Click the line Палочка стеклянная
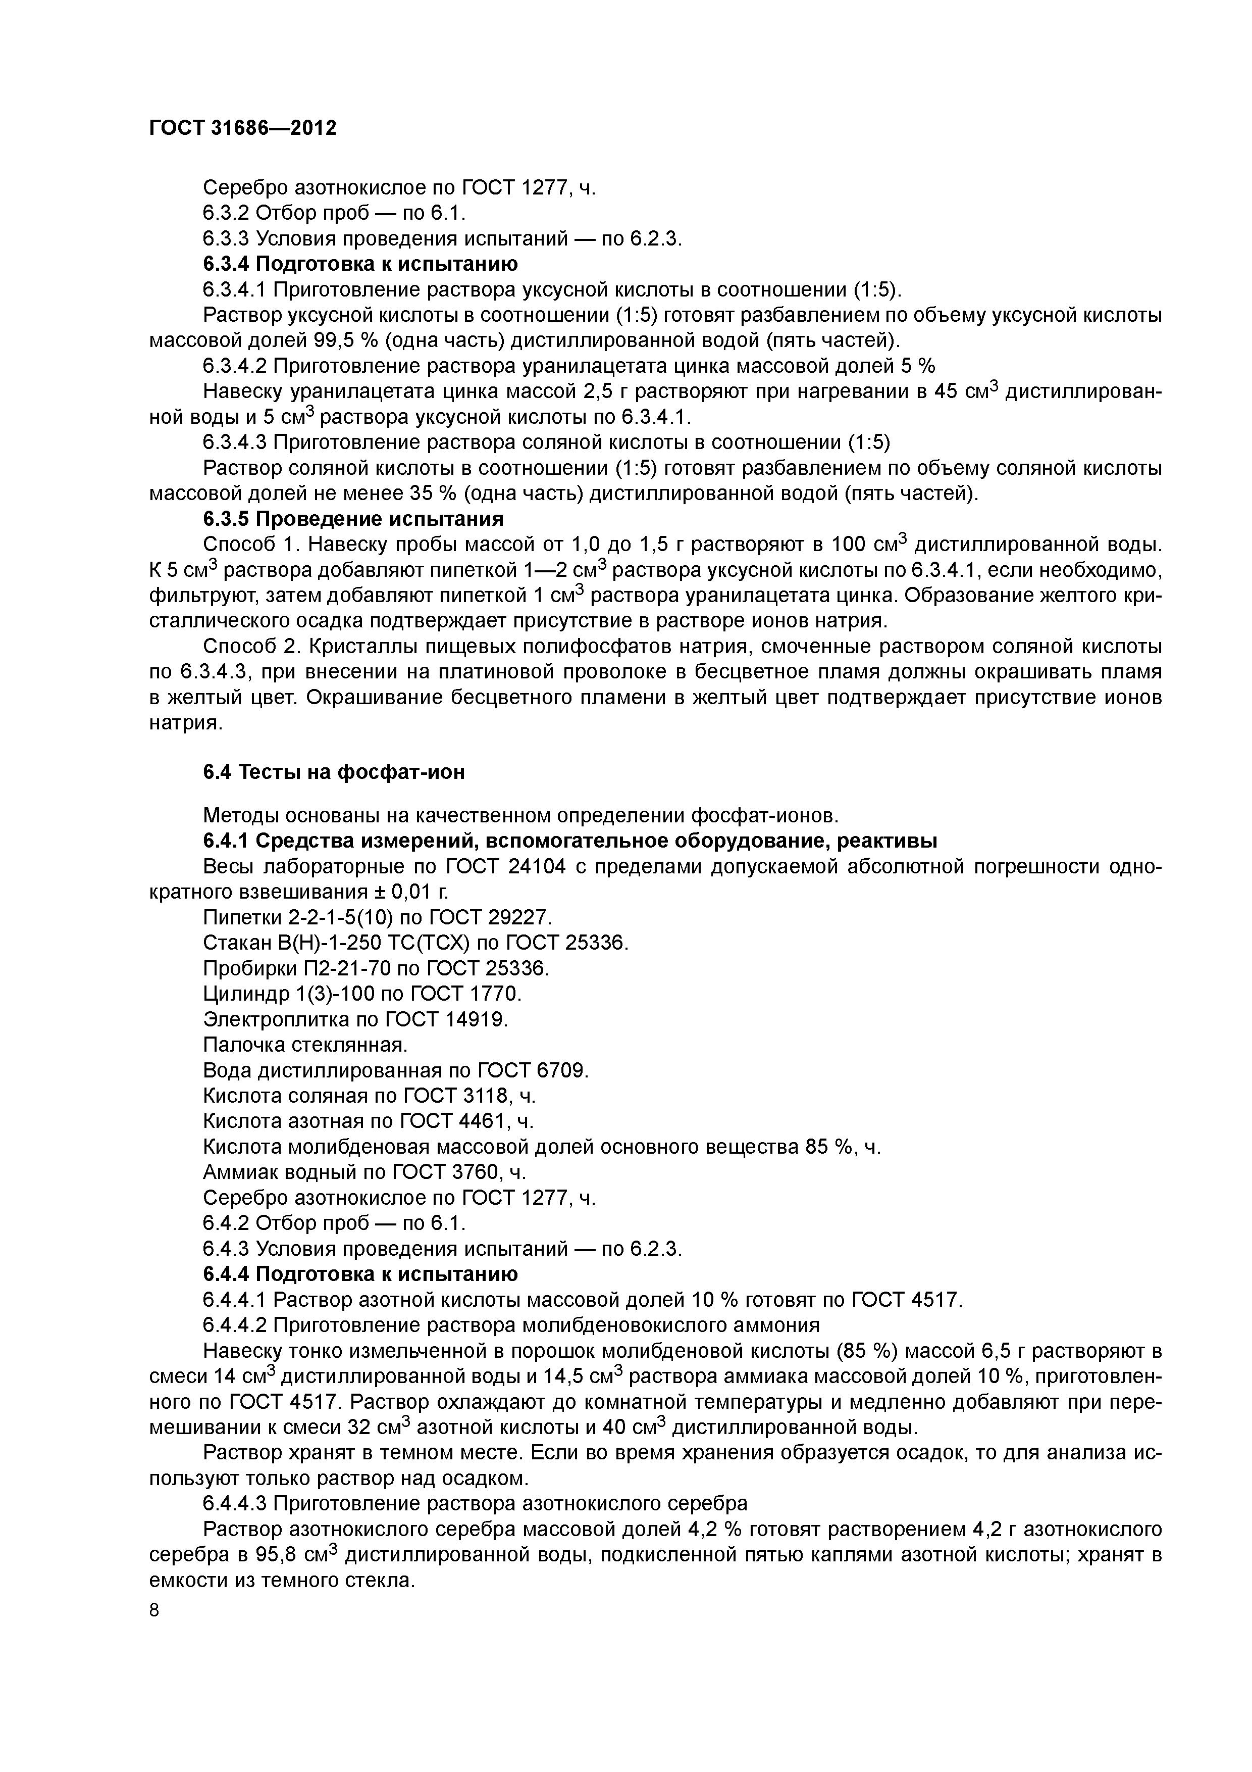pos(304,1045)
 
